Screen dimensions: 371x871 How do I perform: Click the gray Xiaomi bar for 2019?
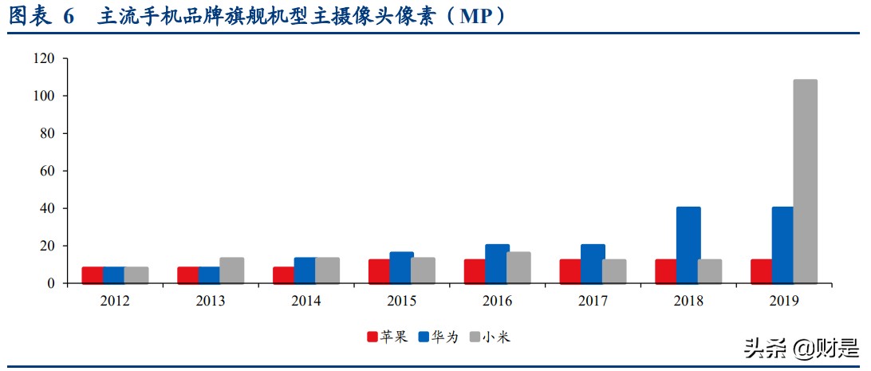point(805,181)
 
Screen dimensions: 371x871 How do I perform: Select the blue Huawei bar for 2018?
point(688,245)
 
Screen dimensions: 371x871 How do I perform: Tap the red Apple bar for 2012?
point(93,275)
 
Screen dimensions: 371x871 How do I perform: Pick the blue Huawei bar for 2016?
point(497,264)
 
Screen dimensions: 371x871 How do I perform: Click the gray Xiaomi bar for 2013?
point(231,270)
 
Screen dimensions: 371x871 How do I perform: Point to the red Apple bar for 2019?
point(763,271)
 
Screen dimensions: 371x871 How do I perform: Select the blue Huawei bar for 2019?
point(783,245)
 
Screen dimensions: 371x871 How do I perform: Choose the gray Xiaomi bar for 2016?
point(518,268)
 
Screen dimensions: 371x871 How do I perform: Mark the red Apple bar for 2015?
point(380,271)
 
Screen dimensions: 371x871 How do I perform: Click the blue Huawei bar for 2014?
point(305,270)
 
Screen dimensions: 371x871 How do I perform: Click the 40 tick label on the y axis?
point(47,209)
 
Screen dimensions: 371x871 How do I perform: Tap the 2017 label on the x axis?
point(593,302)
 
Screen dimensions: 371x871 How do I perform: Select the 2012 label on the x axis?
point(115,302)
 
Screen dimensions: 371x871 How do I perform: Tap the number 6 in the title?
point(68,17)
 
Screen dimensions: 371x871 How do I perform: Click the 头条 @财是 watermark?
point(801,349)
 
